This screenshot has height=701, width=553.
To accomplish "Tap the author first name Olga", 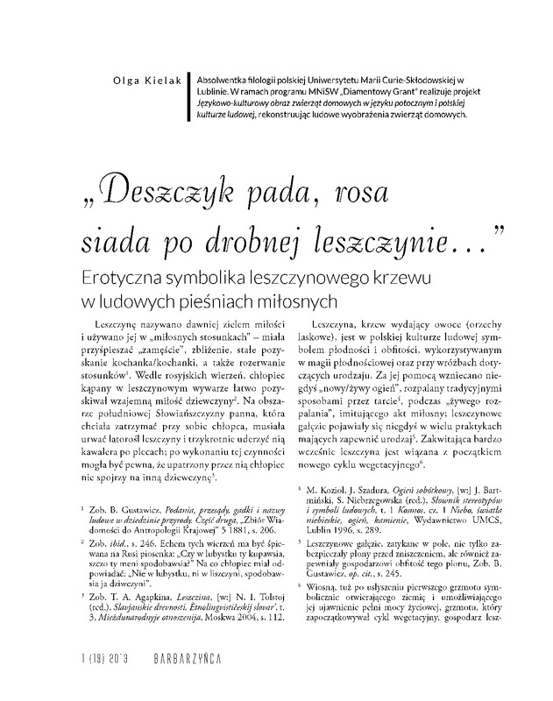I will (117, 81).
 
